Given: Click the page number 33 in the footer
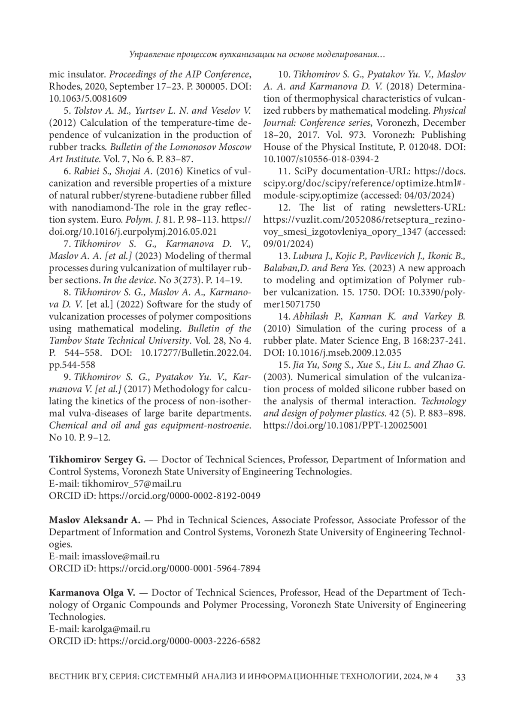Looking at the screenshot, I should tap(460, 677).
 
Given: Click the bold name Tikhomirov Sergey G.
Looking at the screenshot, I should tap(97, 459).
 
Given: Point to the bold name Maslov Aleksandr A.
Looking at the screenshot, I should tap(95, 520).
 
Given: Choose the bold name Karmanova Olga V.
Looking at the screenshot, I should tap(92, 593).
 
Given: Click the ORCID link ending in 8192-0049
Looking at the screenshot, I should tap(179, 495).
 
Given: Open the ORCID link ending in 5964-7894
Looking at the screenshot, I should tap(179, 568).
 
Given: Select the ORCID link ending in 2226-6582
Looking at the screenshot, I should tap(179, 641).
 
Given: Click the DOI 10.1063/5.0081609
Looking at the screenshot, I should tap(88, 98).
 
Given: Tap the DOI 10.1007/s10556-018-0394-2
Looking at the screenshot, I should tap(321, 159).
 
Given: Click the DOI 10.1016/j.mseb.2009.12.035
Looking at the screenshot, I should tap(344, 353).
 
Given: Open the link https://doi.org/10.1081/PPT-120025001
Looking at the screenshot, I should tap(345, 426).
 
